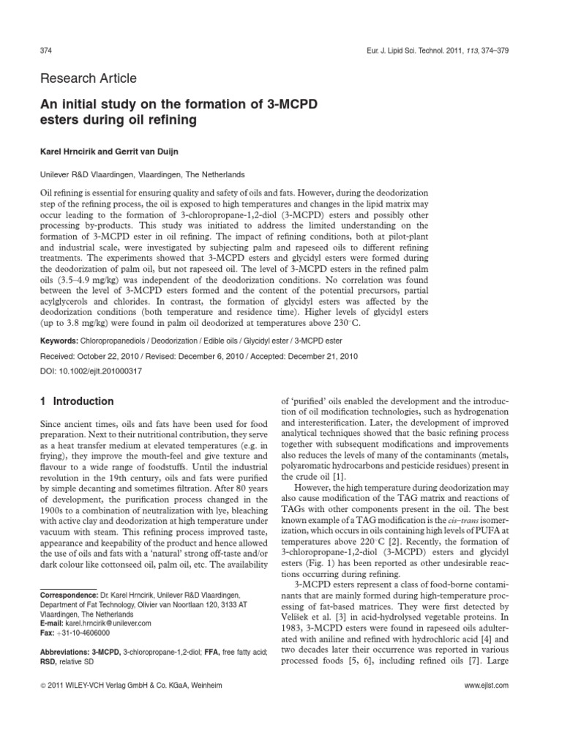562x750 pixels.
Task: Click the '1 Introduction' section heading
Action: coord(76,401)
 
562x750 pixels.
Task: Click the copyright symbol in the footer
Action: coord(42,686)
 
